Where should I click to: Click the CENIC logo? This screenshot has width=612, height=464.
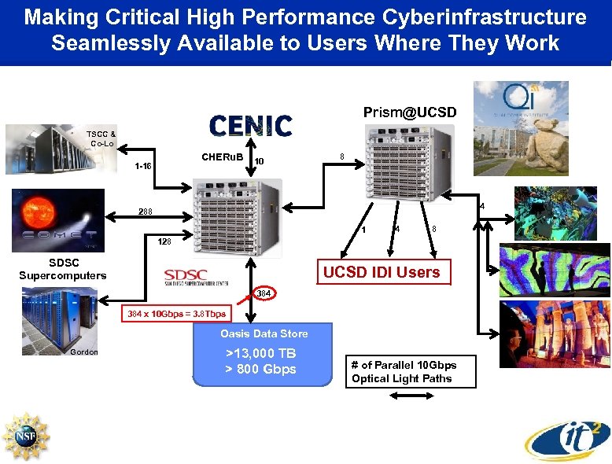point(250,125)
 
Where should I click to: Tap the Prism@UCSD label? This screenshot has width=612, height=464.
point(409,112)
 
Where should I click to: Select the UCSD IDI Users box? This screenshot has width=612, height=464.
point(383,272)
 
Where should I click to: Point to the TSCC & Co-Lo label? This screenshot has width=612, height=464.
point(101,138)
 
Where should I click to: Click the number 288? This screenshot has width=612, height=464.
point(146,212)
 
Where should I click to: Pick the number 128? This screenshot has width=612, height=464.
point(164,242)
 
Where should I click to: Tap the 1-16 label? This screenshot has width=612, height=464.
point(144,166)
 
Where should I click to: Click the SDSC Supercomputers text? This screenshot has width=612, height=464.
point(62,269)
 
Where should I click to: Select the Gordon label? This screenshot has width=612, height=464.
point(84,352)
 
